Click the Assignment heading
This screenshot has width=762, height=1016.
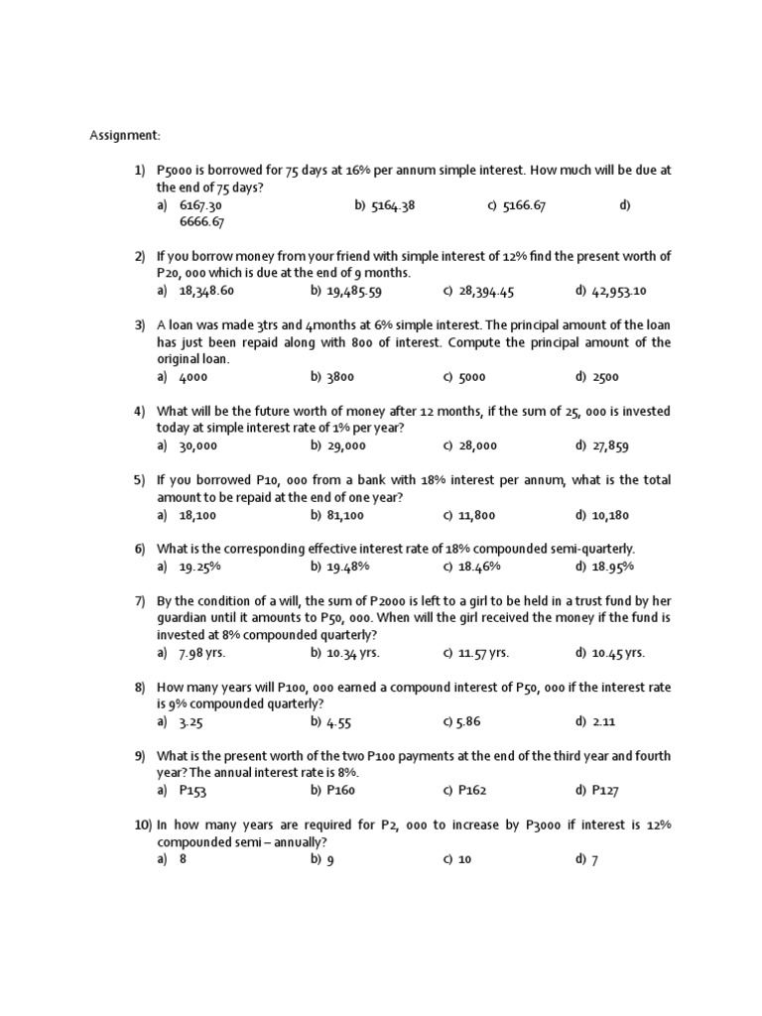click(x=124, y=135)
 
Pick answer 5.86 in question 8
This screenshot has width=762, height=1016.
click(x=474, y=721)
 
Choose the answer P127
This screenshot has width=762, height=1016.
click(x=608, y=790)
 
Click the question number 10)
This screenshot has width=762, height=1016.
click(x=142, y=825)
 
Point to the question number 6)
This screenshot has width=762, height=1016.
click(x=140, y=549)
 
